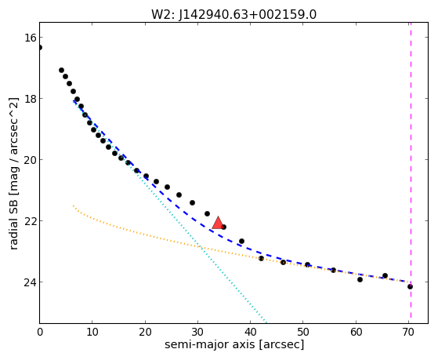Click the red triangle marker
click(x=218, y=223)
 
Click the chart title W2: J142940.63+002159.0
click(x=233, y=14)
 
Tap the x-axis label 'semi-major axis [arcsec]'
click(x=234, y=344)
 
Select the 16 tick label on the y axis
click(x=30, y=38)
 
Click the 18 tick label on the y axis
click(x=30, y=99)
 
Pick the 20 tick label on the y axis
click(x=30, y=160)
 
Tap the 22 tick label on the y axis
click(x=30, y=221)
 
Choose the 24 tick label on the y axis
click(x=30, y=282)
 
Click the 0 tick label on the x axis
click(x=40, y=333)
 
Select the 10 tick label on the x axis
click(x=92, y=333)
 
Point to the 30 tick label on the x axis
click(x=197, y=333)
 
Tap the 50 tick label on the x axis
click(x=303, y=333)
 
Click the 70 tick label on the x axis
click(x=408, y=333)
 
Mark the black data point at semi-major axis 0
click(x=40, y=48)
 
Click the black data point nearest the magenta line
click(x=410, y=287)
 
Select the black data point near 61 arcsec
click(x=360, y=279)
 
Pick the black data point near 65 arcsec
click(x=386, y=275)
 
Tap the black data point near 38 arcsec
click(x=242, y=241)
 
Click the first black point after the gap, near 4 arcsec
click(x=61, y=71)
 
